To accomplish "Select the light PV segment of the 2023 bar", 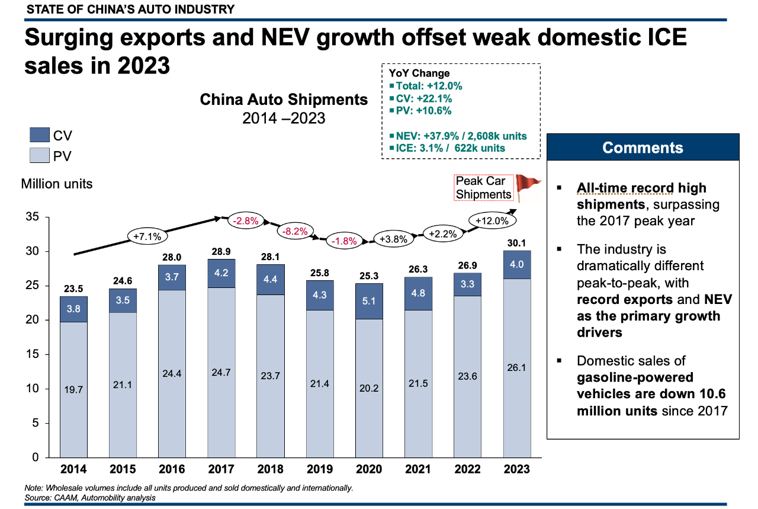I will (517, 367).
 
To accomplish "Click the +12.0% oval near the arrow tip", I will (492, 220).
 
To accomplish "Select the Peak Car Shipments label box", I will (483, 188).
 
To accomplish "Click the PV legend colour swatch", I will (41, 156).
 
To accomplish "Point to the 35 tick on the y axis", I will (33, 217).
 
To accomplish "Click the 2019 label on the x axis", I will (320, 469).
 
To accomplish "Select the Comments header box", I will (643, 148).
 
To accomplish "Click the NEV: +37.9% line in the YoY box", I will (457, 136).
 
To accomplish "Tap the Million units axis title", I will (57, 184).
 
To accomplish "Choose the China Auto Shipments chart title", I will (284, 99).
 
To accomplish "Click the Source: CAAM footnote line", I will (90, 498).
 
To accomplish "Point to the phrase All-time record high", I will (642, 188).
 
